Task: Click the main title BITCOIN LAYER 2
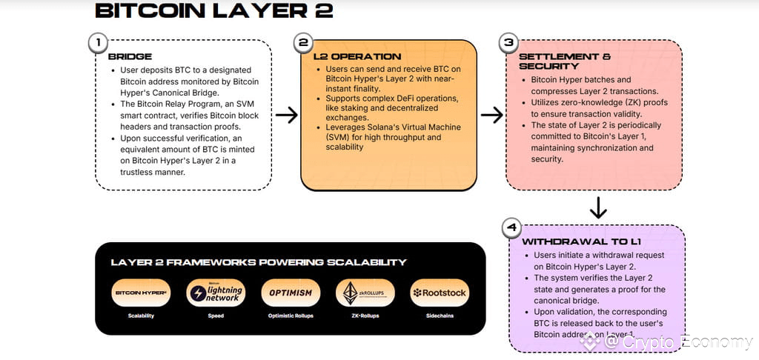(214, 11)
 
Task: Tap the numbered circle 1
(97, 43)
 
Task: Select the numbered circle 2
(302, 43)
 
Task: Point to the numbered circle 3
(508, 43)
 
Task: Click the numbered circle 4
(511, 227)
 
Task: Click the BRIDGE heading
(130, 56)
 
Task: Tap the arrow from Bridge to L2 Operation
(286, 115)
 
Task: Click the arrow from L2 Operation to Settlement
(491, 115)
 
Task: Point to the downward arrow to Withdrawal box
(597, 207)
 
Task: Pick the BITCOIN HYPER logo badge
(141, 293)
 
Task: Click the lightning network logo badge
(216, 293)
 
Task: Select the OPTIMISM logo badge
(291, 293)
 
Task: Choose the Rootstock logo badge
(440, 293)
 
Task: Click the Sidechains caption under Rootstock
(440, 316)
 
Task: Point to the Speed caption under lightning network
(216, 316)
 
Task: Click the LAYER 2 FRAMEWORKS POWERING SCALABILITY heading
(259, 262)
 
